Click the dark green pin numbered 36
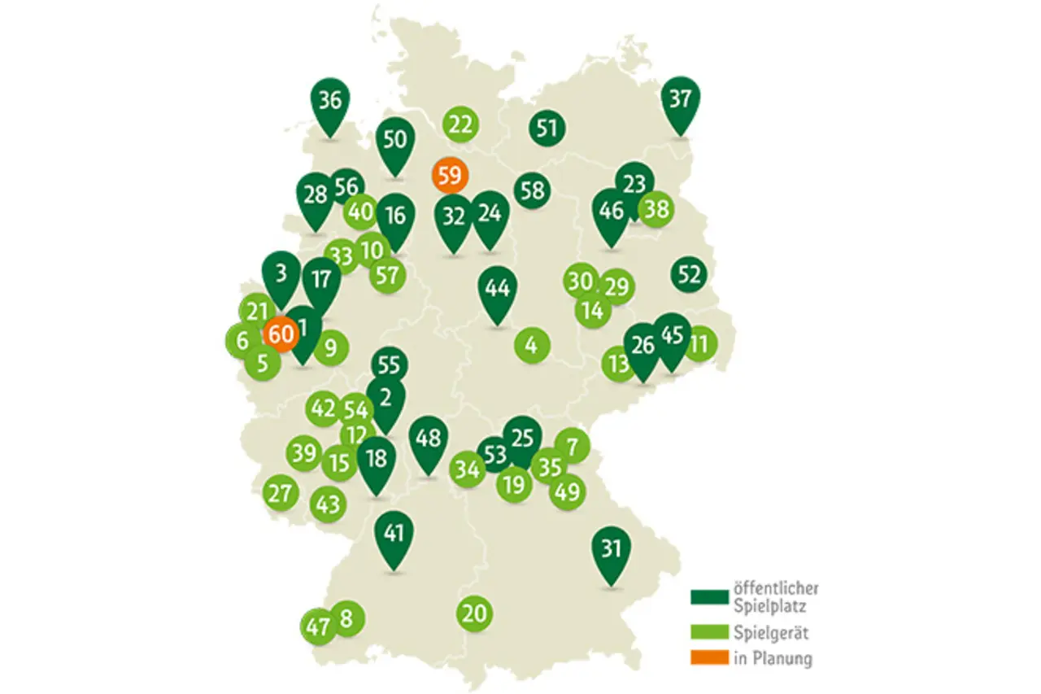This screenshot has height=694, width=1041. [330, 103]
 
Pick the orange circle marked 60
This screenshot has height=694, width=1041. [280, 334]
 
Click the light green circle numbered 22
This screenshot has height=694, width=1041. [460, 125]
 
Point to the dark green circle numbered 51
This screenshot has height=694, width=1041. [547, 128]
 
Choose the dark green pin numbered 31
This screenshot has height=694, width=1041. [611, 550]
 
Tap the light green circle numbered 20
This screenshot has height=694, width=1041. [474, 613]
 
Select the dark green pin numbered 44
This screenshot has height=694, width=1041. [498, 289]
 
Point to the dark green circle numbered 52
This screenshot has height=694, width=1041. [689, 275]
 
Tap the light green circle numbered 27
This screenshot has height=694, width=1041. [281, 493]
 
